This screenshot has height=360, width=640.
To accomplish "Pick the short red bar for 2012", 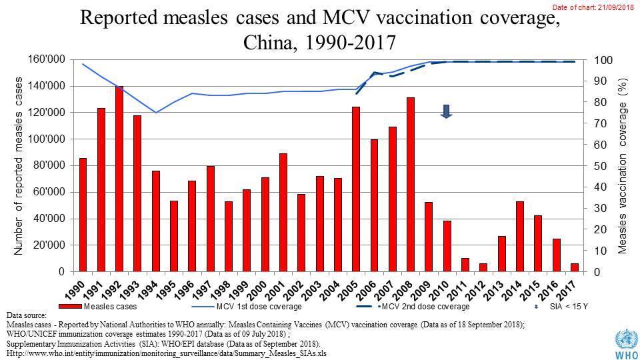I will click(483, 267).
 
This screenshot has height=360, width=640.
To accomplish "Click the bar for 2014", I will click(519, 237).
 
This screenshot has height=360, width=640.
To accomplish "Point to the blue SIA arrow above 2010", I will click(446, 111).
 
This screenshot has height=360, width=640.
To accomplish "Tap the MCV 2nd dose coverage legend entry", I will click(427, 307).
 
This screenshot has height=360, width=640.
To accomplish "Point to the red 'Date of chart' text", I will click(593, 7).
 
